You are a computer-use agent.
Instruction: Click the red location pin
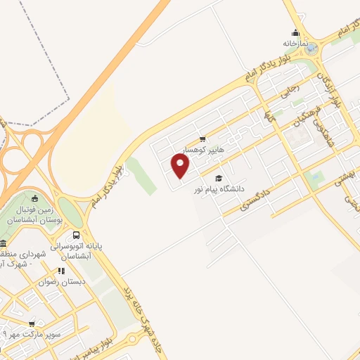pyautogui.click(x=181, y=166)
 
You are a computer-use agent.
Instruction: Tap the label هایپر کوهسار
pyautogui.click(x=203, y=150)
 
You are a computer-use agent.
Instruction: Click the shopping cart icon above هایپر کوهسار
pyautogui.click(x=202, y=139)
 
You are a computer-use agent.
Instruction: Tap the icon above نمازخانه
pyautogui.click(x=295, y=32)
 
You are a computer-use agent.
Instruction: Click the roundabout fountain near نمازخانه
pyautogui.click(x=311, y=49)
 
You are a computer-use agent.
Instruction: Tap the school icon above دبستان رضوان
pyautogui.click(x=61, y=270)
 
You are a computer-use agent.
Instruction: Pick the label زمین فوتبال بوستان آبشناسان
pyautogui.click(x=32, y=212)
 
